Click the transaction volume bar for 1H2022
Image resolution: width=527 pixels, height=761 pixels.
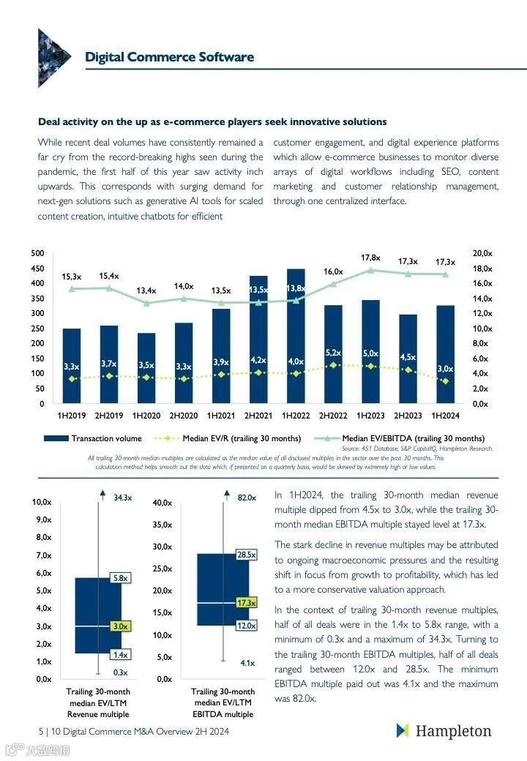pos(296,344)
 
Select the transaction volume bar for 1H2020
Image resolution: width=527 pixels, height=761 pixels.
pos(146,370)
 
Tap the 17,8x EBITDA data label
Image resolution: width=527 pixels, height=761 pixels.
pos(371,258)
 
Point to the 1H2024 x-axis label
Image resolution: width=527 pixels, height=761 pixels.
pos(445,416)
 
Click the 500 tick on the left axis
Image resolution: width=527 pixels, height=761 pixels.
pos(37,253)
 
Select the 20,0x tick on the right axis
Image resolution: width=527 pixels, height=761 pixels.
pos(482,253)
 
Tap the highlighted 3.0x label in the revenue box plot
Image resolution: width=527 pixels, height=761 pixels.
pos(120,626)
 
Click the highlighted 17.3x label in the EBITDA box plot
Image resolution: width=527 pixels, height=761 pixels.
pos(246,603)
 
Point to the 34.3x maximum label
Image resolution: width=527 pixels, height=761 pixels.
pos(122,498)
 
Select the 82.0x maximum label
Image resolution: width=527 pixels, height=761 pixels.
pos(247,498)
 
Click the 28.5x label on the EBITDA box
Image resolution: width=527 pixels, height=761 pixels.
pos(246,555)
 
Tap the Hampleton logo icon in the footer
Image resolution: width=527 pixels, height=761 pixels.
pos(402,730)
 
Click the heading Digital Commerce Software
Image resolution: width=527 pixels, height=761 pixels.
pos(169,57)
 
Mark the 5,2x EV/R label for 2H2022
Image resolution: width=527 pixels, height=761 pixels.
pos(333,353)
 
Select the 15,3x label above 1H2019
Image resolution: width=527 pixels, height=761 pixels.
pos(72,277)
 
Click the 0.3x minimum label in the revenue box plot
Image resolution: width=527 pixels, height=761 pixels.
pos(120,672)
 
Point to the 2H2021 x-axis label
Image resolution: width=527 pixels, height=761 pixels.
pos(258,416)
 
